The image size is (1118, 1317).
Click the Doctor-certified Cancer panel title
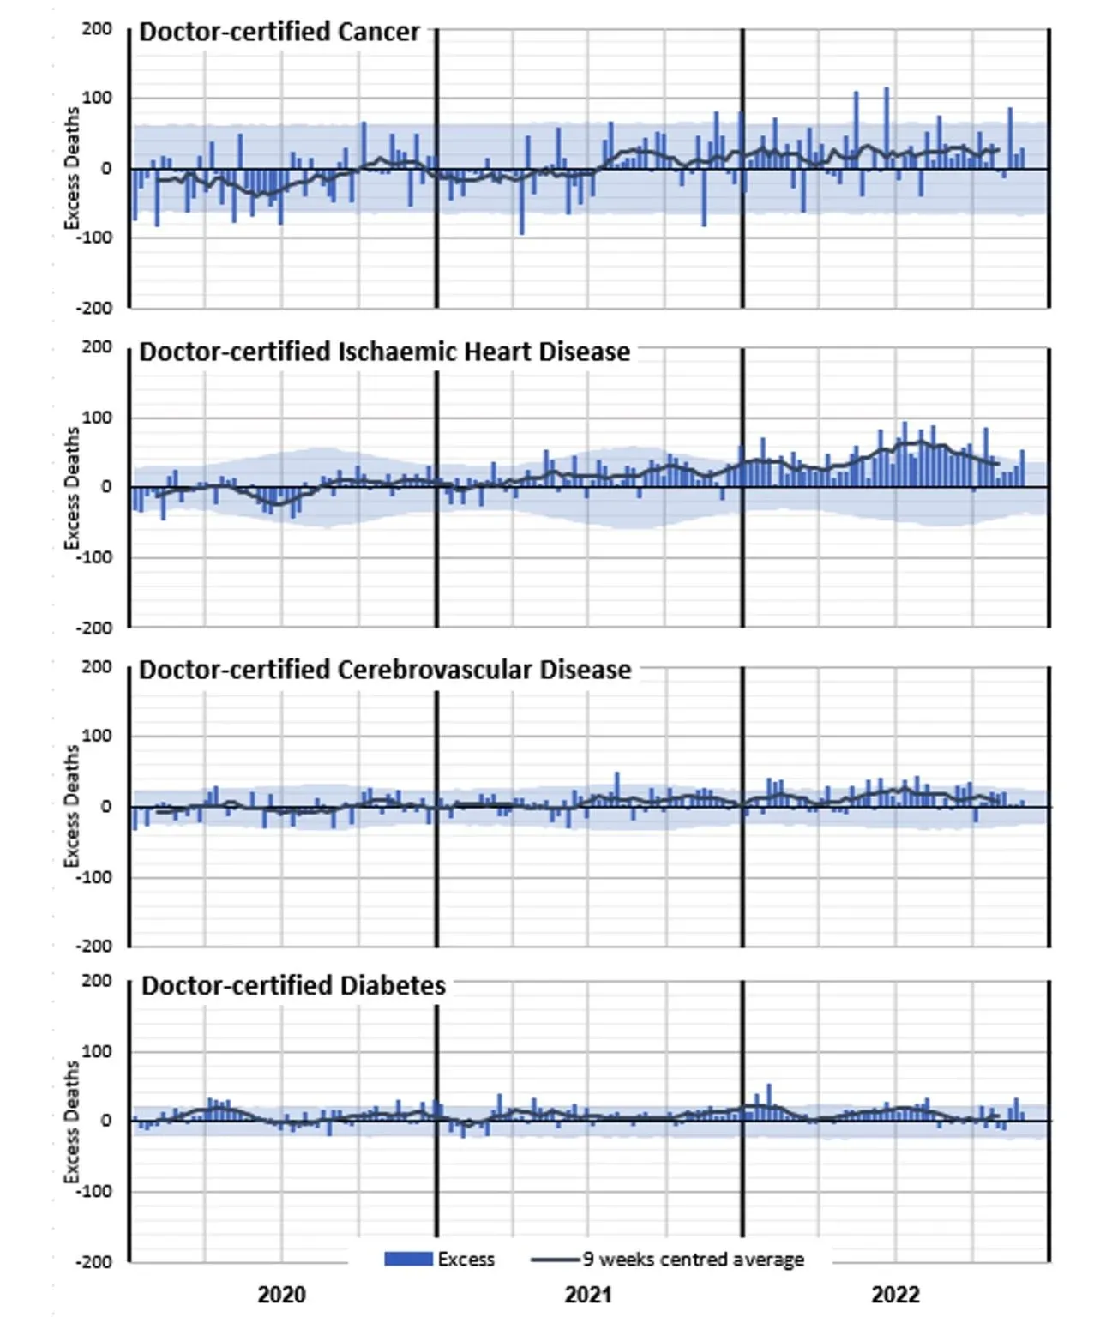pyautogui.click(x=279, y=32)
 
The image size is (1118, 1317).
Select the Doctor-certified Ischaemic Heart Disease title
pyautogui.click(x=384, y=352)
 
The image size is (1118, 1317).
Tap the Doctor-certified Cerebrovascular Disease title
pyautogui.click(x=385, y=670)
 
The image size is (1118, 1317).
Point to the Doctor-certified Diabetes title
pyautogui.click(x=293, y=986)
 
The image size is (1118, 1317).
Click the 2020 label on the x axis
pyautogui.click(x=281, y=1294)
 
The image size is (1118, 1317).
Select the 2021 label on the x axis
pyautogui.click(x=588, y=1294)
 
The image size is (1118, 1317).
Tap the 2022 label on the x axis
pyautogui.click(x=895, y=1294)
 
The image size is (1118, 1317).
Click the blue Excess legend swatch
pyautogui.click(x=407, y=1259)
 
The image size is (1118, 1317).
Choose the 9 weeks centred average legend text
pyautogui.click(x=693, y=1259)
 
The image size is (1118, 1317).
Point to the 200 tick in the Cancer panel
pyautogui.click(x=97, y=29)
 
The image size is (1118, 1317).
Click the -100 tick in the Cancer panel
pyautogui.click(x=93, y=238)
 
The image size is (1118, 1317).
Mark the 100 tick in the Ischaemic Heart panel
pyautogui.click(x=97, y=418)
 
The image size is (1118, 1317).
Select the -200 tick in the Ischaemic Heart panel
pyautogui.click(x=93, y=628)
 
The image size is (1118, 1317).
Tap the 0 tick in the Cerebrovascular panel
pyautogui.click(x=105, y=806)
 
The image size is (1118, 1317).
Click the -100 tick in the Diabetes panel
pyautogui.click(x=93, y=1191)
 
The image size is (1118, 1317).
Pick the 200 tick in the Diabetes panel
pyautogui.click(x=97, y=980)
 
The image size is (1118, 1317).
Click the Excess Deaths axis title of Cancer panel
pyautogui.click(x=72, y=168)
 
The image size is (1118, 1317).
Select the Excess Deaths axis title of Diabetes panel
pyautogui.click(x=72, y=1122)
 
